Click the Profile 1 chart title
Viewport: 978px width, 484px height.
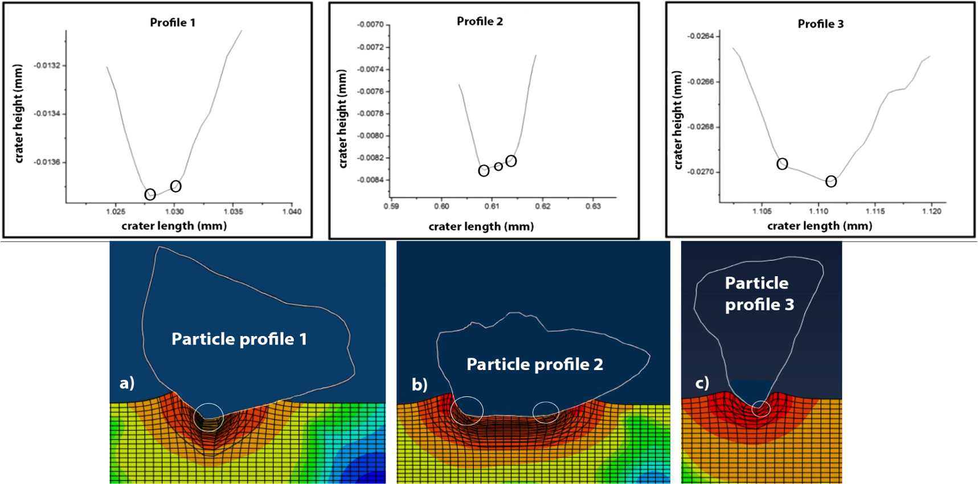click(173, 23)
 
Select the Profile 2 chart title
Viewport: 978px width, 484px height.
click(480, 22)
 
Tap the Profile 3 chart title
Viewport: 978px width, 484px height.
click(820, 24)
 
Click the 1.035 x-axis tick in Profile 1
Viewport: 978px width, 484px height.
click(233, 211)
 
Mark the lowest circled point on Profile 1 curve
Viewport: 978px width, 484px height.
click(150, 195)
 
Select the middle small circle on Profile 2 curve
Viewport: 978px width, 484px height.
click(498, 166)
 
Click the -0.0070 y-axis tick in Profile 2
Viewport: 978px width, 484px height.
click(370, 25)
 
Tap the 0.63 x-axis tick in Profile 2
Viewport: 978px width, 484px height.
click(593, 206)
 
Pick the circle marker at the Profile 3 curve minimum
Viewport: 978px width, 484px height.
click(831, 182)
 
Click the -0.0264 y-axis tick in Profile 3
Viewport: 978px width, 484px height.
click(701, 36)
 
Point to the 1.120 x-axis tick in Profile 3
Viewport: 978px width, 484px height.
click(932, 211)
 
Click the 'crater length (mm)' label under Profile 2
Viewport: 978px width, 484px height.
click(481, 227)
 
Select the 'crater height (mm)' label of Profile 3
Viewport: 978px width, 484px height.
click(677, 120)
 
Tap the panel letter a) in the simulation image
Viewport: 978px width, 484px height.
click(127, 383)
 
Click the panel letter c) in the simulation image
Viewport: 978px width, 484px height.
click(702, 383)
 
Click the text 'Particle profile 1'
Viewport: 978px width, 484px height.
click(239, 339)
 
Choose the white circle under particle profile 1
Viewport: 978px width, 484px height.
click(209, 417)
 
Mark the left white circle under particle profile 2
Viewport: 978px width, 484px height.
click(467, 411)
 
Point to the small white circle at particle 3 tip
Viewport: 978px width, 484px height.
click(761, 409)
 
